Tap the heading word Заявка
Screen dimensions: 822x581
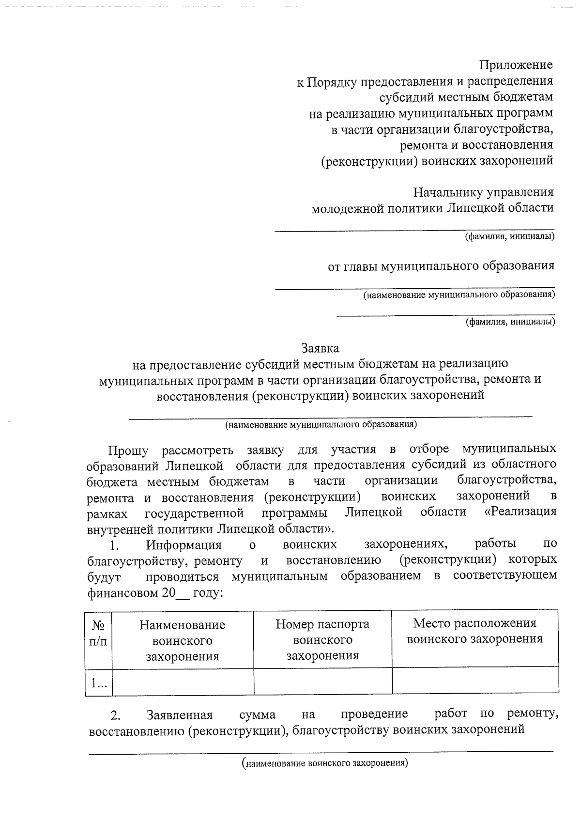click(x=320, y=348)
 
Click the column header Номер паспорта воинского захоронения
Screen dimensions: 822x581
click(x=322, y=639)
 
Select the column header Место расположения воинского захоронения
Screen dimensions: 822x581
click(x=474, y=631)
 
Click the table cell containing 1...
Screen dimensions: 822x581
click(x=99, y=683)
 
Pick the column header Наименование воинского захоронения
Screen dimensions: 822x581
click(x=182, y=640)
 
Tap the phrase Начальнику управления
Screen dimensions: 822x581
click(x=483, y=192)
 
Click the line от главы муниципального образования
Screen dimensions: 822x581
click(x=441, y=266)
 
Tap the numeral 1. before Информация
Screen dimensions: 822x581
click(x=114, y=545)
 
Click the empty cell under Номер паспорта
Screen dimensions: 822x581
click(x=322, y=682)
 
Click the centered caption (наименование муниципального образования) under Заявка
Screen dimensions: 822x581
click(x=321, y=425)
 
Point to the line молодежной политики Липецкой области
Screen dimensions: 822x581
click(x=432, y=208)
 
